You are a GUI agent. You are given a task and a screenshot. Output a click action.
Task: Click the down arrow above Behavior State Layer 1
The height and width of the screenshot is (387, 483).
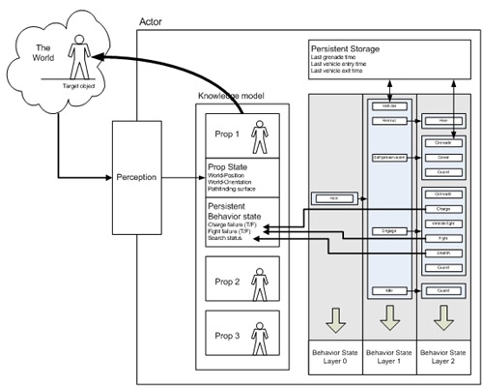tap(388, 316)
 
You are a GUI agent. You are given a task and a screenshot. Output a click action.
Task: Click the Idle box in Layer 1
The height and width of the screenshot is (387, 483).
tap(388, 290)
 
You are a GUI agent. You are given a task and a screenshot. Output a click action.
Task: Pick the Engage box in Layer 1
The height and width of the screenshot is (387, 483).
tap(388, 231)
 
